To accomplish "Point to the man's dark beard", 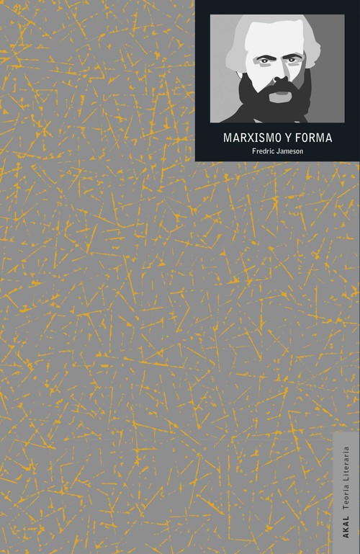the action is tap(277, 104).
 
